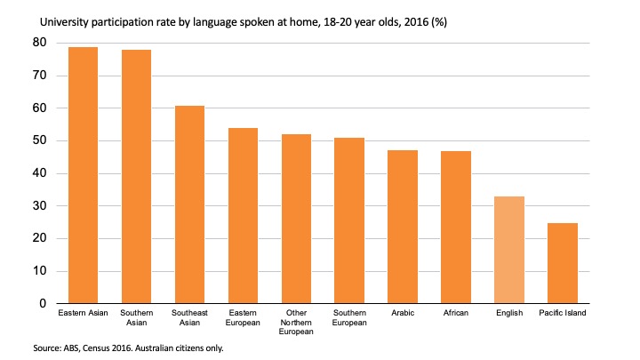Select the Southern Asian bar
pos(136,177)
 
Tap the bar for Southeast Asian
pos(189,204)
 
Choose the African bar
pos(456,228)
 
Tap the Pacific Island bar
pos(563,263)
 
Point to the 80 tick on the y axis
pos(40,43)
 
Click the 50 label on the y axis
pos(40,140)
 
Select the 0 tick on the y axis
pos(43,304)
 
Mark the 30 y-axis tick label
pos(40,206)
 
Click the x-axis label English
pos(509,315)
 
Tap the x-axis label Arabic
pos(403,315)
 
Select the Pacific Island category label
pos(563,315)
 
